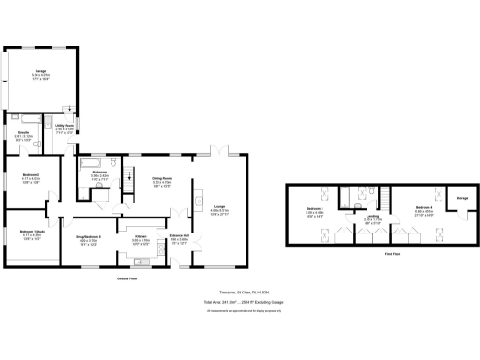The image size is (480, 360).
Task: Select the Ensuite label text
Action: pyautogui.click(x=25, y=134)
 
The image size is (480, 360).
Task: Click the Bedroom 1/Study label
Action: pyautogui.click(x=33, y=231)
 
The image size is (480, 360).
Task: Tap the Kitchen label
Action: pyautogui.click(x=141, y=238)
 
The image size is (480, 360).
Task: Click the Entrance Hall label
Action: pyautogui.click(x=178, y=238)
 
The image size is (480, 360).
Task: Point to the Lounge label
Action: pyautogui.click(x=218, y=208)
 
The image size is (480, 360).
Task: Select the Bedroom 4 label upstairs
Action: pyautogui.click(x=424, y=209)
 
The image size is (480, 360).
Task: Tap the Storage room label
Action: pyautogui.click(x=461, y=198)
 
